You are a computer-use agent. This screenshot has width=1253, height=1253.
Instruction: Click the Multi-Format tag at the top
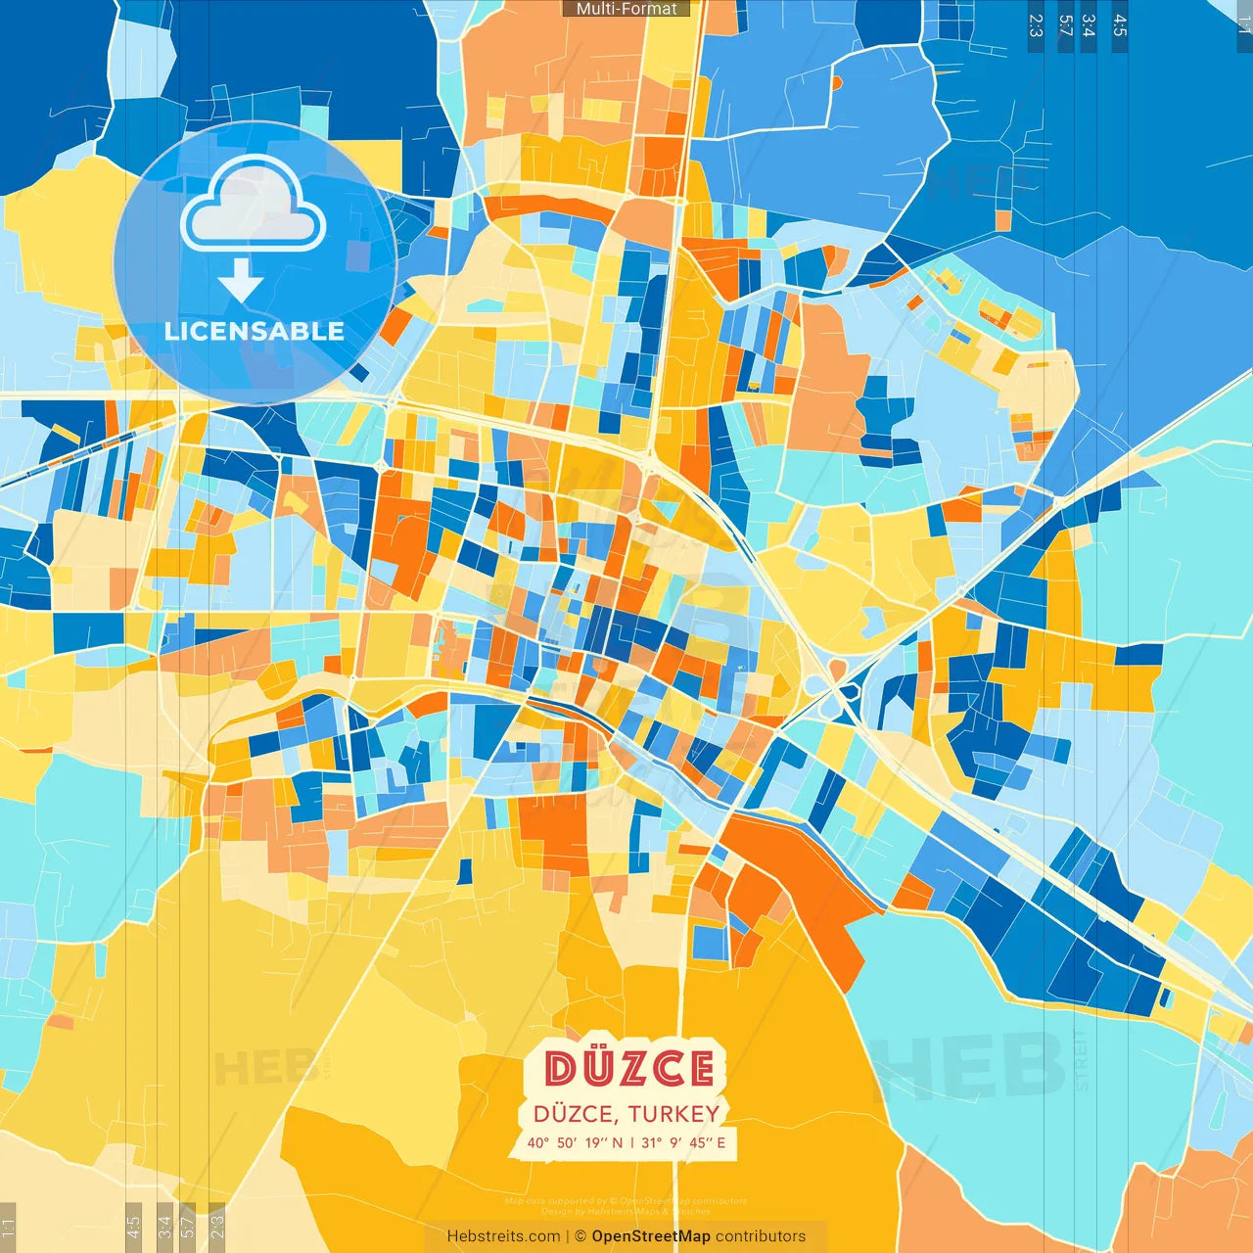[626, 9]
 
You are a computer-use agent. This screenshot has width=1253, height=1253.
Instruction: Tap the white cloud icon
[254, 207]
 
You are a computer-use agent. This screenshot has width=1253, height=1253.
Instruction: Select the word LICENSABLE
[255, 331]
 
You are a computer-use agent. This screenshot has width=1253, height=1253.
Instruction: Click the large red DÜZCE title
[628, 1068]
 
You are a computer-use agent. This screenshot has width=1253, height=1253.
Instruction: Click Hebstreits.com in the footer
[503, 1236]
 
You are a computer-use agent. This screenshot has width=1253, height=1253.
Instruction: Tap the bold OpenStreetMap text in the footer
[651, 1236]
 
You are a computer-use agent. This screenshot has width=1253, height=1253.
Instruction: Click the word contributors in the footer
[761, 1236]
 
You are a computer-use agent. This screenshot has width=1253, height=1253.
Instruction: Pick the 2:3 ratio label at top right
[1036, 25]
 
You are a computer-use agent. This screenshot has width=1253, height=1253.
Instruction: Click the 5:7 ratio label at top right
[1065, 25]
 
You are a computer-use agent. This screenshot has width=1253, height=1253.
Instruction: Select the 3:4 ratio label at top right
[1089, 25]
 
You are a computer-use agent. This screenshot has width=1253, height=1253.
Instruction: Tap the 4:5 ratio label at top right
[1120, 25]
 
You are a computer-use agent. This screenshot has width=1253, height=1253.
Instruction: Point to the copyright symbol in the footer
[580, 1236]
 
